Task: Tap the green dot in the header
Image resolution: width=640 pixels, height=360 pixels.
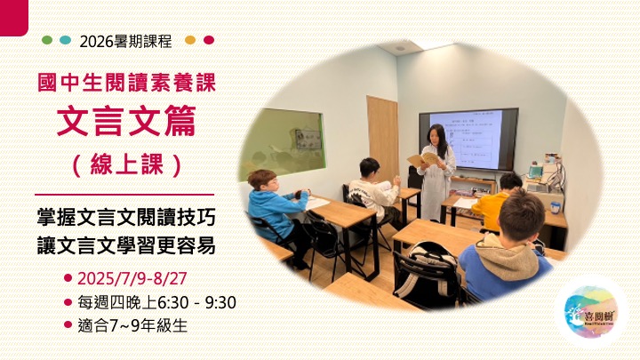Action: (47, 40)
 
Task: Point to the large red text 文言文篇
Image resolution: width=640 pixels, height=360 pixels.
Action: (127, 123)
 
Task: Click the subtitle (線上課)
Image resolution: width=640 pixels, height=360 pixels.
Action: (127, 164)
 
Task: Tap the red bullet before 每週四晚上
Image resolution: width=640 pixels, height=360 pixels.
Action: (68, 302)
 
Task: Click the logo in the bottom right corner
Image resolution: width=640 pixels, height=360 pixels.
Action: (590, 310)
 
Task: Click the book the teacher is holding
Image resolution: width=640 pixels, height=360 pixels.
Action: (423, 159)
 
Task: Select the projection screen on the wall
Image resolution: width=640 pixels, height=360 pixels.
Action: (473, 137)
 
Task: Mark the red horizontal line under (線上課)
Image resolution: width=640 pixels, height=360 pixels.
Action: (124, 193)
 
